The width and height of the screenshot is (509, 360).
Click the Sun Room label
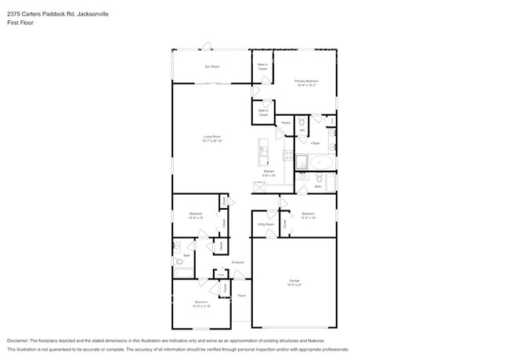coord(211,67)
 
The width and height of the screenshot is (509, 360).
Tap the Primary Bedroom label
coord(305,82)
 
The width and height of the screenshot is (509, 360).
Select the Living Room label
coord(211,139)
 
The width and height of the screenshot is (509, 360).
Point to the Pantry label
coord(286,123)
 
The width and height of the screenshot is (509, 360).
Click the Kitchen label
coord(269,173)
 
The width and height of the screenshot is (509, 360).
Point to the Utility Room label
coord(266,225)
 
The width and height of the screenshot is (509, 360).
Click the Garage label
coord(293,283)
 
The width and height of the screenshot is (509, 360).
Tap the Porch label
coord(242,295)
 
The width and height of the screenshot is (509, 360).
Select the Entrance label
coord(237,262)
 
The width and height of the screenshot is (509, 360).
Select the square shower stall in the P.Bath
coord(301,163)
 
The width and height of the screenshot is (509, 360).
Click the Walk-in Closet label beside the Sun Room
coord(263,67)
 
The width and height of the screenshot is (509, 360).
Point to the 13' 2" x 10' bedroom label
coord(308,215)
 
